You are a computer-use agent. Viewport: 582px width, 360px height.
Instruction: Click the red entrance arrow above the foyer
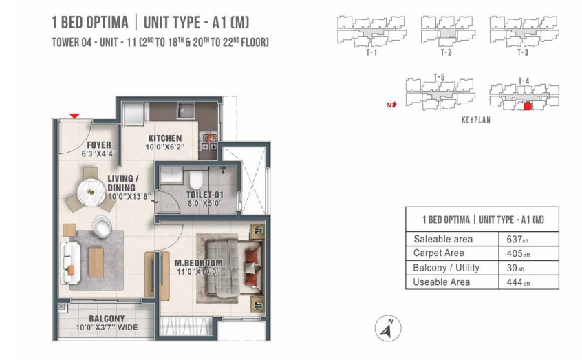(74, 116)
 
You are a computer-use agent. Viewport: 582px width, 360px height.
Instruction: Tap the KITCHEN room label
(165, 138)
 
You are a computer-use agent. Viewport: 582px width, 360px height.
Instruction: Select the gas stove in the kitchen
(210, 141)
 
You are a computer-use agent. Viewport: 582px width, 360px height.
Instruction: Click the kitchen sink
(185, 110)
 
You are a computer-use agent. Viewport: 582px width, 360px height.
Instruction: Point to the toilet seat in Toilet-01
(195, 180)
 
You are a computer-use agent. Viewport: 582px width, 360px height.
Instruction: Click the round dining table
(91, 193)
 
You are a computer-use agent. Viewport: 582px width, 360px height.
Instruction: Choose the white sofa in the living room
(69, 263)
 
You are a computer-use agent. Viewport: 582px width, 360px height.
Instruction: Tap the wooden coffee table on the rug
(96, 263)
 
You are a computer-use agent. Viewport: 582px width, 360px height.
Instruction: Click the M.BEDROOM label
(199, 263)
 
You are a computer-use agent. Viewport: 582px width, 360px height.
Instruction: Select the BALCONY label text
(107, 319)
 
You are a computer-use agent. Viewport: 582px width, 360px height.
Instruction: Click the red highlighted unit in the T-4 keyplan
(528, 106)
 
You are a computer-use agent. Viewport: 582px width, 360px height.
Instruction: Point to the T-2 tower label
(446, 52)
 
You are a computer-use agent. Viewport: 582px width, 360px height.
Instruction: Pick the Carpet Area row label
(438, 253)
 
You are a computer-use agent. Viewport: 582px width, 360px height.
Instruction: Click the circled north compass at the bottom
(388, 328)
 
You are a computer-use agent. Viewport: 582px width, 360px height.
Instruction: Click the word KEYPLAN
(476, 120)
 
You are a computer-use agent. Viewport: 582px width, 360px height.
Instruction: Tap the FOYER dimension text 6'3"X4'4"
(99, 153)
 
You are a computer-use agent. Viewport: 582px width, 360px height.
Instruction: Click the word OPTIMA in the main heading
(109, 22)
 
